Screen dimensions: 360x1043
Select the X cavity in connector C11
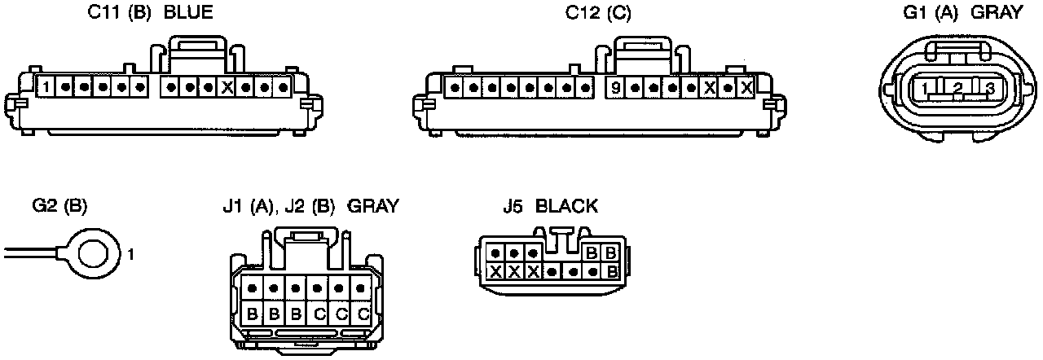pos(227,86)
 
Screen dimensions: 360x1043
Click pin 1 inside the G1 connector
pos(926,88)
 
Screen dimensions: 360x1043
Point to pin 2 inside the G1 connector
pos(958,88)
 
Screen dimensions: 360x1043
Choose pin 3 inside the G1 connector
pos(989,88)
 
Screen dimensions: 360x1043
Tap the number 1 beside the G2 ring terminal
pos(130,255)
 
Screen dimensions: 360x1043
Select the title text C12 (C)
pos(598,14)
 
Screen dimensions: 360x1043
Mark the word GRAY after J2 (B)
pos(373,206)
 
